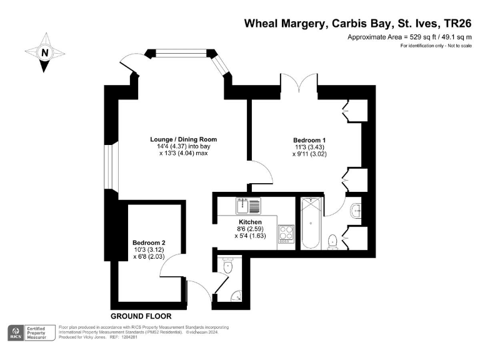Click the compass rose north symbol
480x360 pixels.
44,52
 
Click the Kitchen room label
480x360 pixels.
249,222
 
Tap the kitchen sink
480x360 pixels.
243,204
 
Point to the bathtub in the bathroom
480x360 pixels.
311,223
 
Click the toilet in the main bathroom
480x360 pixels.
333,241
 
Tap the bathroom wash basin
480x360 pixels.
356,211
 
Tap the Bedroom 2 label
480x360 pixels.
148,242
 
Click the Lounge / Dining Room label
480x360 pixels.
183,139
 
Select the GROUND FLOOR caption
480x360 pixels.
141,316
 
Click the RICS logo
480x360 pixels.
15,333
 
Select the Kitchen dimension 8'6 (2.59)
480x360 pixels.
249,229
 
